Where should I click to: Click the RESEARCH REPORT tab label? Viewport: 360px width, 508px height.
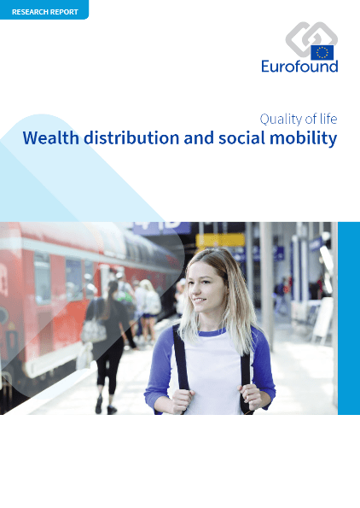pyautogui.click(x=45, y=12)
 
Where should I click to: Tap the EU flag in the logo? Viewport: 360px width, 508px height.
pyautogui.click(x=322, y=52)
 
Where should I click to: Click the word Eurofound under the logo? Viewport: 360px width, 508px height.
pyautogui.click(x=299, y=66)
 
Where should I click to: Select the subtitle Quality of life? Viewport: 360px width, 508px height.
pyautogui.click(x=299, y=120)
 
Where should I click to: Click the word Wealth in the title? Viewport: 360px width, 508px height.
pyautogui.click(x=51, y=138)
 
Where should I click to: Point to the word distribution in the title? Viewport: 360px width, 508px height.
pyautogui.click(x=131, y=138)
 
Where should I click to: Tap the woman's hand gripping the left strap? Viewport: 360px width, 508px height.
pyautogui.click(x=182, y=401)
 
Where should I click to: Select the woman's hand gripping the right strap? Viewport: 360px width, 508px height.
pyautogui.click(x=250, y=397)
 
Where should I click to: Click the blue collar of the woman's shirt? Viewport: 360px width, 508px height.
pyautogui.click(x=212, y=332)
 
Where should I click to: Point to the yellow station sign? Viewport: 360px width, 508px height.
pyautogui.click(x=220, y=241)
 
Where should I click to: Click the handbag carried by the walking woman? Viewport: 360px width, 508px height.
pyautogui.click(x=93, y=330)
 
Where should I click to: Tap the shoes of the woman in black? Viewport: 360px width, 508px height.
pyautogui.click(x=106, y=406)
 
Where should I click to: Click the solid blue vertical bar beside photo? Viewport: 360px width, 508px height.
pyautogui.click(x=349, y=318)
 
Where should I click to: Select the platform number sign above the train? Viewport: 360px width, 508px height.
pyautogui.click(x=162, y=227)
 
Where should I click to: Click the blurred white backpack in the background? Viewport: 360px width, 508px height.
pyautogui.click(x=153, y=302)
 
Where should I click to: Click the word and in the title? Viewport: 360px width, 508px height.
pyautogui.click(x=199, y=138)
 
